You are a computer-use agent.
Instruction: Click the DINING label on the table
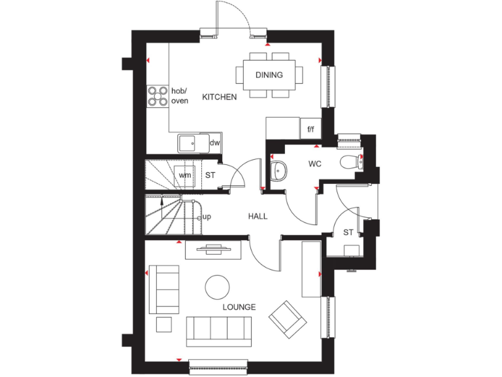click(269, 75)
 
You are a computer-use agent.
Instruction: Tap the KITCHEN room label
click(219, 97)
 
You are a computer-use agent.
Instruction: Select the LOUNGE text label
click(239, 307)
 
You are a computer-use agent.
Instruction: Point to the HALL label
click(257, 217)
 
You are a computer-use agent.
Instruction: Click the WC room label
click(315, 164)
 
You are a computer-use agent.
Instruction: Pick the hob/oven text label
click(179, 96)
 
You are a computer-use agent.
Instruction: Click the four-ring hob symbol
click(158, 96)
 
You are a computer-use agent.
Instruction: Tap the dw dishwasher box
click(214, 142)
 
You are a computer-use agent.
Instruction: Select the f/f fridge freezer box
click(311, 130)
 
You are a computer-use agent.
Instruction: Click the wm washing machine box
click(185, 175)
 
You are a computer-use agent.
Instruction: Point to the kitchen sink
click(192, 142)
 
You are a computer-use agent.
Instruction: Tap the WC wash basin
click(277, 170)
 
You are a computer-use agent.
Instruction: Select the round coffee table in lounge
click(217, 287)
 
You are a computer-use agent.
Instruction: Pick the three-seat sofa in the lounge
click(219, 331)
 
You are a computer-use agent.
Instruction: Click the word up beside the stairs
click(207, 217)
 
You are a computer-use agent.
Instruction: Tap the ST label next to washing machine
click(210, 175)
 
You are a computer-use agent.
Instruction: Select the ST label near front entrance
click(348, 232)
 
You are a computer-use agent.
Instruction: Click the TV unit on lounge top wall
click(213, 249)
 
